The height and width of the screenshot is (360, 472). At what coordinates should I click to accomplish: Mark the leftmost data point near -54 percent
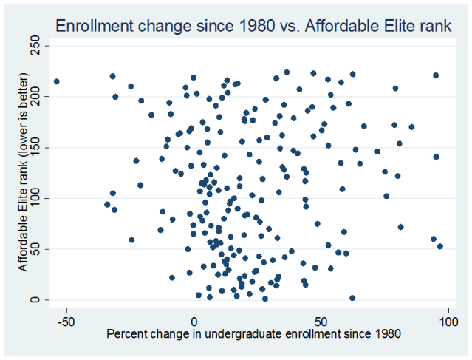coord(56,81)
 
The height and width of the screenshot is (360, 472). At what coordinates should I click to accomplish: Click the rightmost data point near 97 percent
coord(440,246)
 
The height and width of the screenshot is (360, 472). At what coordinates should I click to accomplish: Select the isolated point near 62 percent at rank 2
coord(352,298)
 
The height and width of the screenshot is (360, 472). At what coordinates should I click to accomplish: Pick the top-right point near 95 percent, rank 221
coord(436,75)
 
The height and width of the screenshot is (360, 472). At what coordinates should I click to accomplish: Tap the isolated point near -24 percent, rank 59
coord(131,240)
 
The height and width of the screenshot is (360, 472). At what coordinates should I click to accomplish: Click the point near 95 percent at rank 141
coord(436,157)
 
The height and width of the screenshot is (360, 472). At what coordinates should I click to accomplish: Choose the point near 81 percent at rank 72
coord(400,227)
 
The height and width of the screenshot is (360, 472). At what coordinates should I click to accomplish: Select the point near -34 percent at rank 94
coord(107,204)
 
